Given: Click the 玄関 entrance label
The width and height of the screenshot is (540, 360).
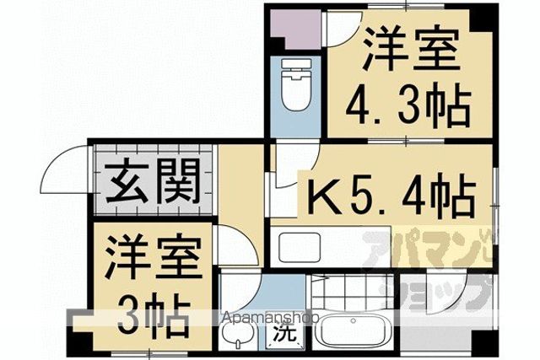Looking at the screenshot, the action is (x=153, y=181).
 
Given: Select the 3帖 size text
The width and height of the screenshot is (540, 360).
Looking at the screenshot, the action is (x=154, y=315).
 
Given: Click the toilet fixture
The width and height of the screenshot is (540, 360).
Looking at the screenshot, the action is (x=295, y=84).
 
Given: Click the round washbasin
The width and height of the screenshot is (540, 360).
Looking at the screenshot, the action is (x=238, y=333).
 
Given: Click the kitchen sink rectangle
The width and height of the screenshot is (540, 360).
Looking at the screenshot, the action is (x=300, y=247).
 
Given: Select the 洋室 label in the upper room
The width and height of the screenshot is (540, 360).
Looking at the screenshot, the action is (x=411, y=48).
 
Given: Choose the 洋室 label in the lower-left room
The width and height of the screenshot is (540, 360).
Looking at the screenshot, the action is (x=154, y=255).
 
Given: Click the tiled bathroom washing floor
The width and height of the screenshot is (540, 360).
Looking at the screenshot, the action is (x=353, y=293).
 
